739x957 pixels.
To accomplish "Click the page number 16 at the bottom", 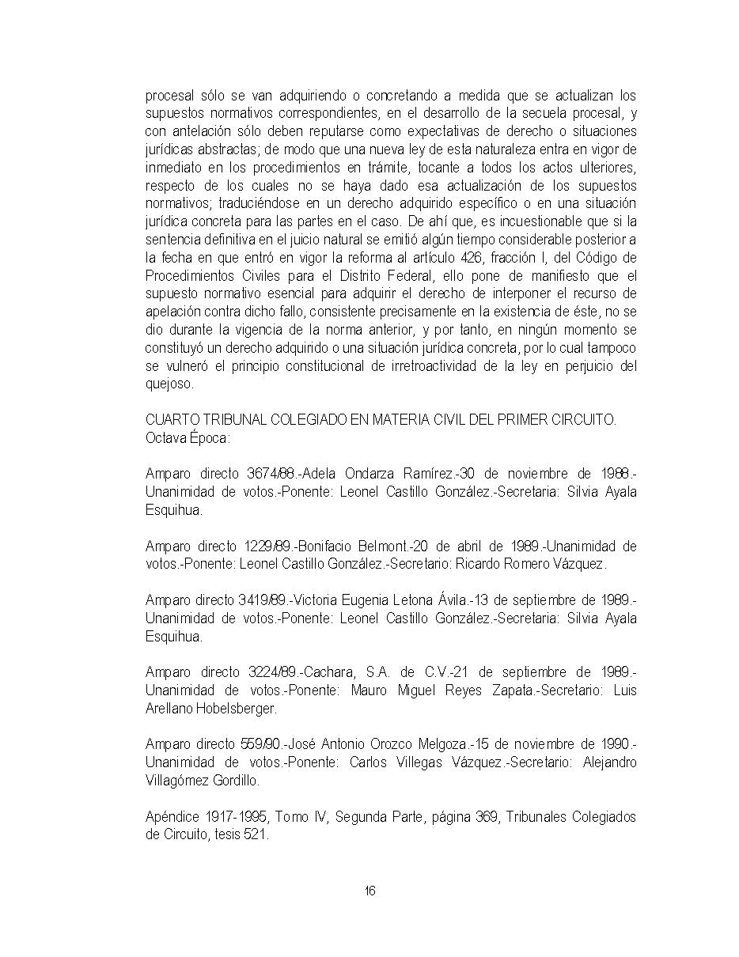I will pos(369,891).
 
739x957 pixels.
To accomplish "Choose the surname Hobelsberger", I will pos(235,709).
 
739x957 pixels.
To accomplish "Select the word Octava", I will pos(165,437).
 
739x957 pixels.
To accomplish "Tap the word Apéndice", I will pos(172,817).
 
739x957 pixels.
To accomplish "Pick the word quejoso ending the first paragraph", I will pos(169,384).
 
